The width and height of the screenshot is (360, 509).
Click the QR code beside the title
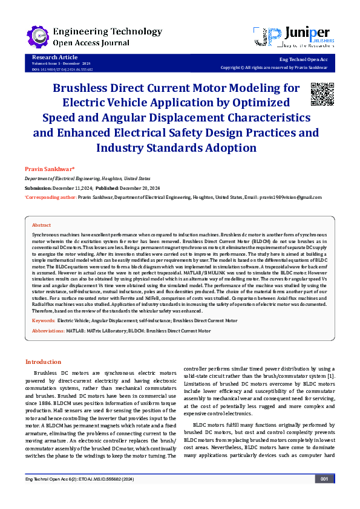point(322,93)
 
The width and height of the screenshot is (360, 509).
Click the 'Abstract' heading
point(41,224)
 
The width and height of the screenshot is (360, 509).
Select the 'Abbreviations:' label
point(49,331)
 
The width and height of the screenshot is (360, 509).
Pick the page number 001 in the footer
point(324,496)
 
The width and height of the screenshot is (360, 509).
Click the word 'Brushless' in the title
point(82,88)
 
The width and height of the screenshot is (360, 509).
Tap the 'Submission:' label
point(38,188)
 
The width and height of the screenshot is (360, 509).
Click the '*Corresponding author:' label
point(50,197)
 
